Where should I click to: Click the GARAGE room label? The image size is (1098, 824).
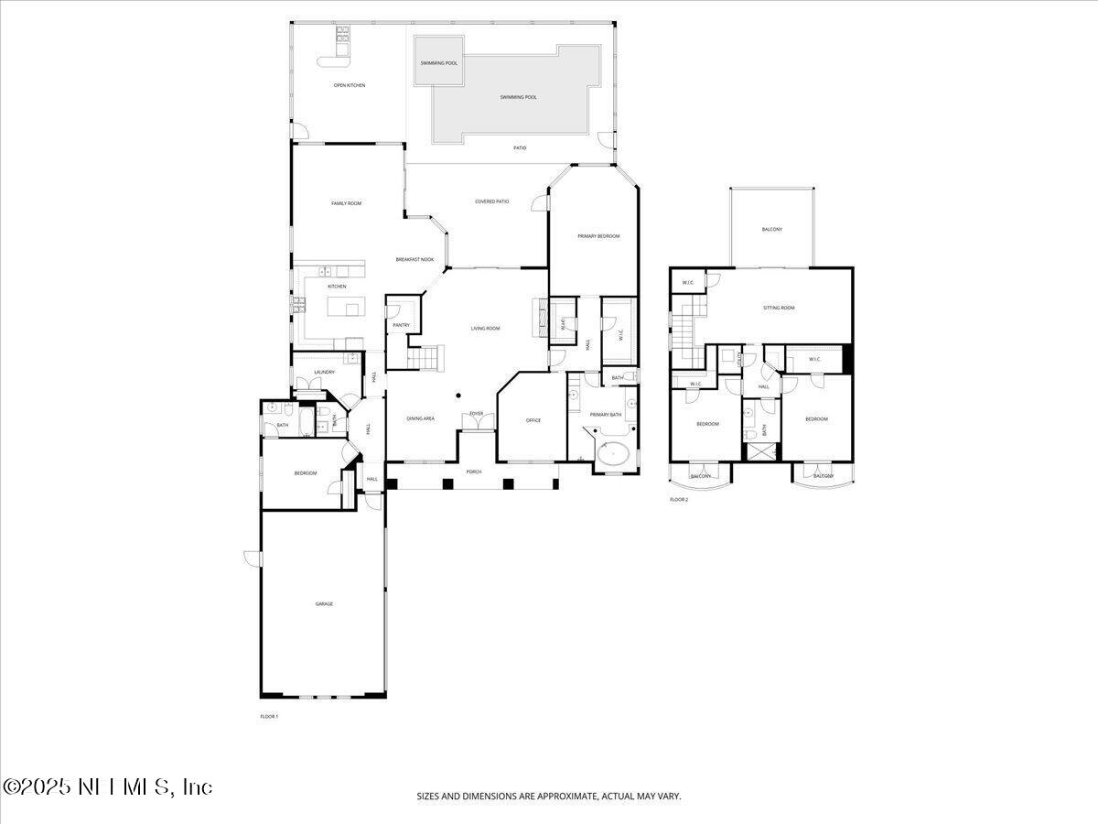[x=324, y=603]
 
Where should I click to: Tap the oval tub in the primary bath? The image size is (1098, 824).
[x=610, y=454]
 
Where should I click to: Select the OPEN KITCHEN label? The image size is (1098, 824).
[x=350, y=85]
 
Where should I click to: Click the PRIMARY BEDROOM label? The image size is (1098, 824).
[x=598, y=236]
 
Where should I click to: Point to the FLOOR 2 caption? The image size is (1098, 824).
[x=678, y=499]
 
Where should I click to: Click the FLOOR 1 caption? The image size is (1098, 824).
[x=269, y=716]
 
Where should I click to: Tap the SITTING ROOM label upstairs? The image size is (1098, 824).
[x=779, y=308]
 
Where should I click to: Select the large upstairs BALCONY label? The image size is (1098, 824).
[x=771, y=229]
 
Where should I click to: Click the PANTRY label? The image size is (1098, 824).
[x=401, y=325]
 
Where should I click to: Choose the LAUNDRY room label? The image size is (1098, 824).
[x=324, y=372]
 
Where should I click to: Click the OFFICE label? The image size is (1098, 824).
[x=533, y=420]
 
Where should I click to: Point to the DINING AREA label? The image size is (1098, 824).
[x=420, y=418]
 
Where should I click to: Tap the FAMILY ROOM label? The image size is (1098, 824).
[x=346, y=203]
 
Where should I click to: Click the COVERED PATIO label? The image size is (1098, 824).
[x=491, y=201]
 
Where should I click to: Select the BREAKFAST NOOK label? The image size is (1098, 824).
[x=414, y=259]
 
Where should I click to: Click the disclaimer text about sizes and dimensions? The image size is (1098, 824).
[x=549, y=797]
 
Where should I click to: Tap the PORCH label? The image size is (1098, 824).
[x=473, y=472]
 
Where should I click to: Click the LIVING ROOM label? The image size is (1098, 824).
[x=485, y=328]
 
